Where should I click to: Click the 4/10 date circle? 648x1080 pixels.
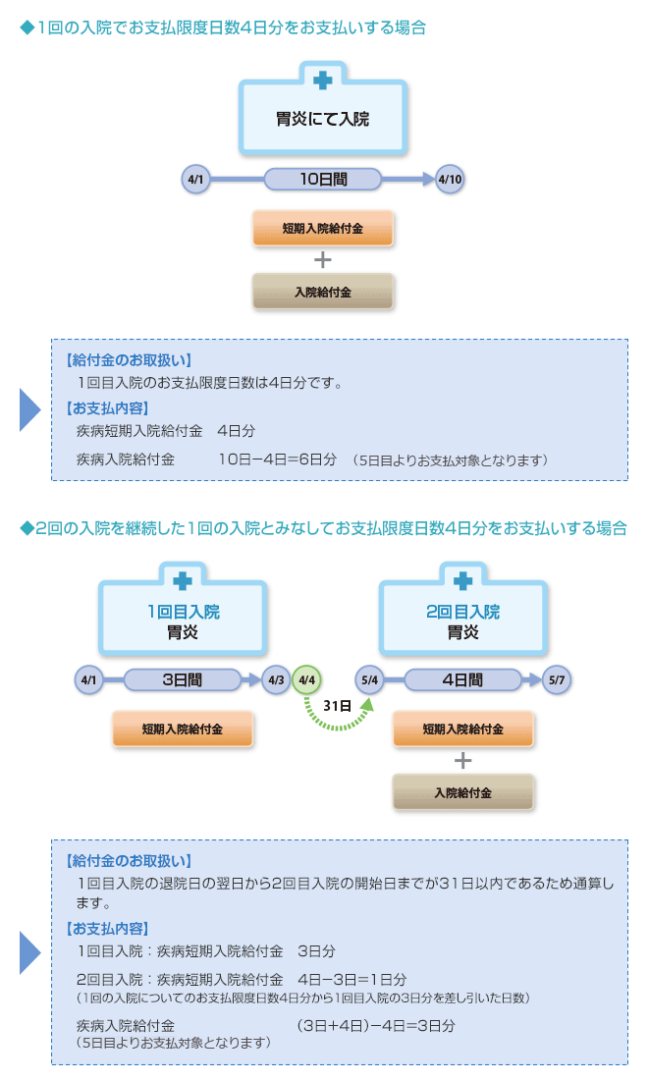pos(450,180)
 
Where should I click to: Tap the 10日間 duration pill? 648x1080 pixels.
pos(323,179)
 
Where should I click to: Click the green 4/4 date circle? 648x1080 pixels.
pos(306,679)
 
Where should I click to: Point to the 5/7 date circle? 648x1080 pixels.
pos(556,679)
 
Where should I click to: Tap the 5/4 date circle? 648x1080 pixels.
pos(370,679)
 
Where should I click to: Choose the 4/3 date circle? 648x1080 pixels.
pos(276,679)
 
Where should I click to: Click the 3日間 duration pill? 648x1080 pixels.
pos(182,678)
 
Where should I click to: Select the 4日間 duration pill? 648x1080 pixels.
pos(461,678)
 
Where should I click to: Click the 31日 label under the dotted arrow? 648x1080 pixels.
pos(339,705)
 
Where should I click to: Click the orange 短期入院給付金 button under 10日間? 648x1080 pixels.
pos(322,229)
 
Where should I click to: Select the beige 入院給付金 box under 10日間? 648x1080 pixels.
pos(322,292)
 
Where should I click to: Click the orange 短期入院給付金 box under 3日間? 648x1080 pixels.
pos(182,729)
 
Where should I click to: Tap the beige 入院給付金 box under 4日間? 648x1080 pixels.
pos(462,792)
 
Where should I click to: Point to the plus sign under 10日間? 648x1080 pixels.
pos(322,260)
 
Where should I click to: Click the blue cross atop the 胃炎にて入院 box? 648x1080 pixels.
pos(322,80)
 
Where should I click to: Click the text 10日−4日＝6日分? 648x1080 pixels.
pos(277,459)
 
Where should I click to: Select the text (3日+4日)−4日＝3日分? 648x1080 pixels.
pos(375,1026)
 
